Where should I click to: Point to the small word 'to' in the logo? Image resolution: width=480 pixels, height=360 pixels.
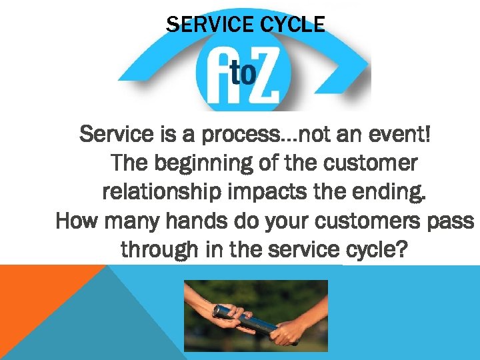click(x=243, y=73)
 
